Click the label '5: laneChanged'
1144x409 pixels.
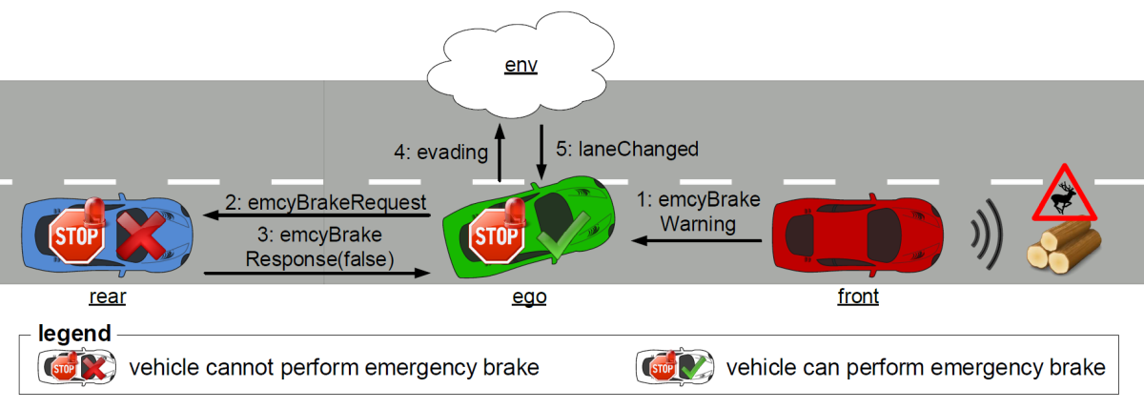coord(627,149)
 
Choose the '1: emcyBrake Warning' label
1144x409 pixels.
coord(698,212)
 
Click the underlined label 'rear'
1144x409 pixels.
coord(107,297)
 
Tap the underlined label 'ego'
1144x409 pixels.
coord(529,297)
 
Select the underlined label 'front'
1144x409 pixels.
coord(858,297)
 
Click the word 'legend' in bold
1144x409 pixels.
coord(74,335)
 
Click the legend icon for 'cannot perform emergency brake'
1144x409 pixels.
coord(76,366)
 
